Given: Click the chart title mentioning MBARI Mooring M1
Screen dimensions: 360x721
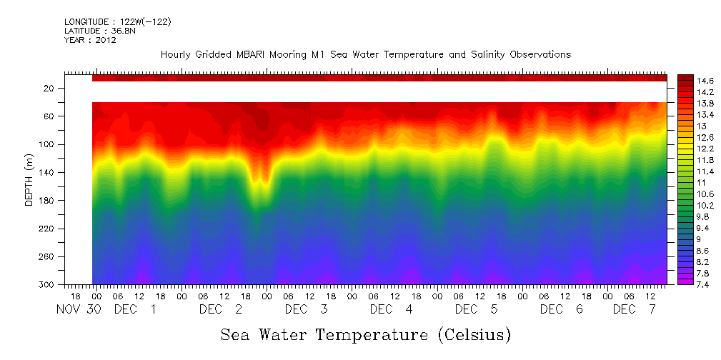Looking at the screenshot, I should pyautogui.click(x=365, y=55).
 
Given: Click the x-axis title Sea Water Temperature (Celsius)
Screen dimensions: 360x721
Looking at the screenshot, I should pyautogui.click(x=365, y=334).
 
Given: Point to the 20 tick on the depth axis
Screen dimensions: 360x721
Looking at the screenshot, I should pyautogui.click(x=49, y=88).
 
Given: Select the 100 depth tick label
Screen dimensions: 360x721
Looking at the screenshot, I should pyautogui.click(x=47, y=144).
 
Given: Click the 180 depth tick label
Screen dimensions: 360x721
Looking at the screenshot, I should pyautogui.click(x=47, y=201).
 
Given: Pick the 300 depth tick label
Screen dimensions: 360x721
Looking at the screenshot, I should pyautogui.click(x=47, y=285).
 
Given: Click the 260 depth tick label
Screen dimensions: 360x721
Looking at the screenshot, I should pyautogui.click(x=47, y=256).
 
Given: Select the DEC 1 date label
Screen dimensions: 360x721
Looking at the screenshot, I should pyautogui.click(x=135, y=309).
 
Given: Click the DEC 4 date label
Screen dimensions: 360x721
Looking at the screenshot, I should pyautogui.click(x=391, y=309).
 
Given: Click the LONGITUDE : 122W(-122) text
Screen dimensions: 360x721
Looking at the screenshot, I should pyautogui.click(x=118, y=22).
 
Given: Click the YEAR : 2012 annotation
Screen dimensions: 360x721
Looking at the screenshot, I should pyautogui.click(x=90, y=40).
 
